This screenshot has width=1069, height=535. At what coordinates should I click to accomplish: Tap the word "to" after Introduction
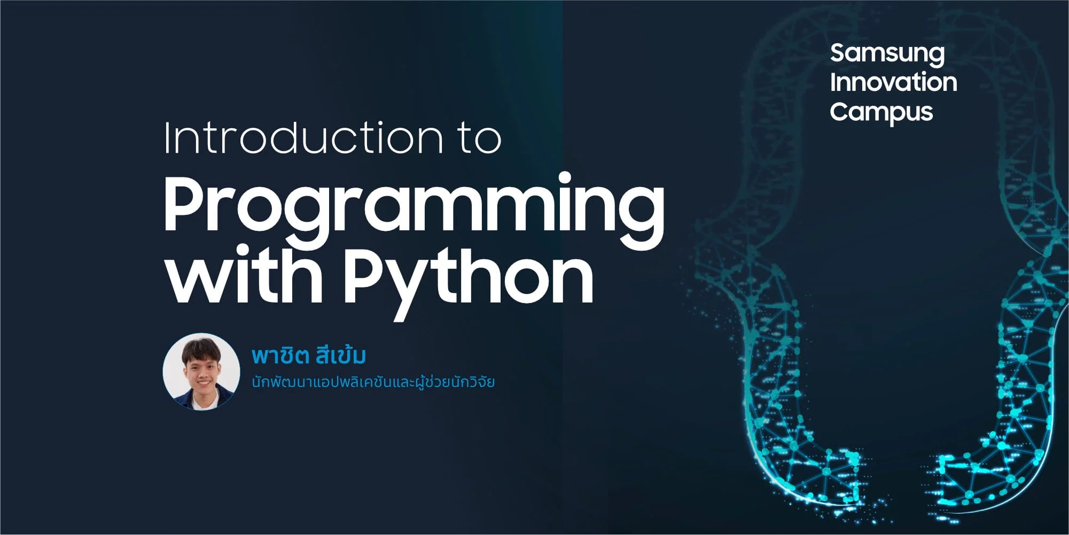480,138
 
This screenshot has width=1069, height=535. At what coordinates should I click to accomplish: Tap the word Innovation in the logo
893,82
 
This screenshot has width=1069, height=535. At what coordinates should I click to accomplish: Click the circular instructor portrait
201,372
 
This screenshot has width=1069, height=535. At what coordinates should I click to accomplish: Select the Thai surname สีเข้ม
341,355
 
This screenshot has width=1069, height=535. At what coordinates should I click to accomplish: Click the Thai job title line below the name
373,383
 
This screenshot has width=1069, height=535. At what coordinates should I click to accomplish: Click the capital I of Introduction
168,137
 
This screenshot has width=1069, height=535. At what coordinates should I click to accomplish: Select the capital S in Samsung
838,53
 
